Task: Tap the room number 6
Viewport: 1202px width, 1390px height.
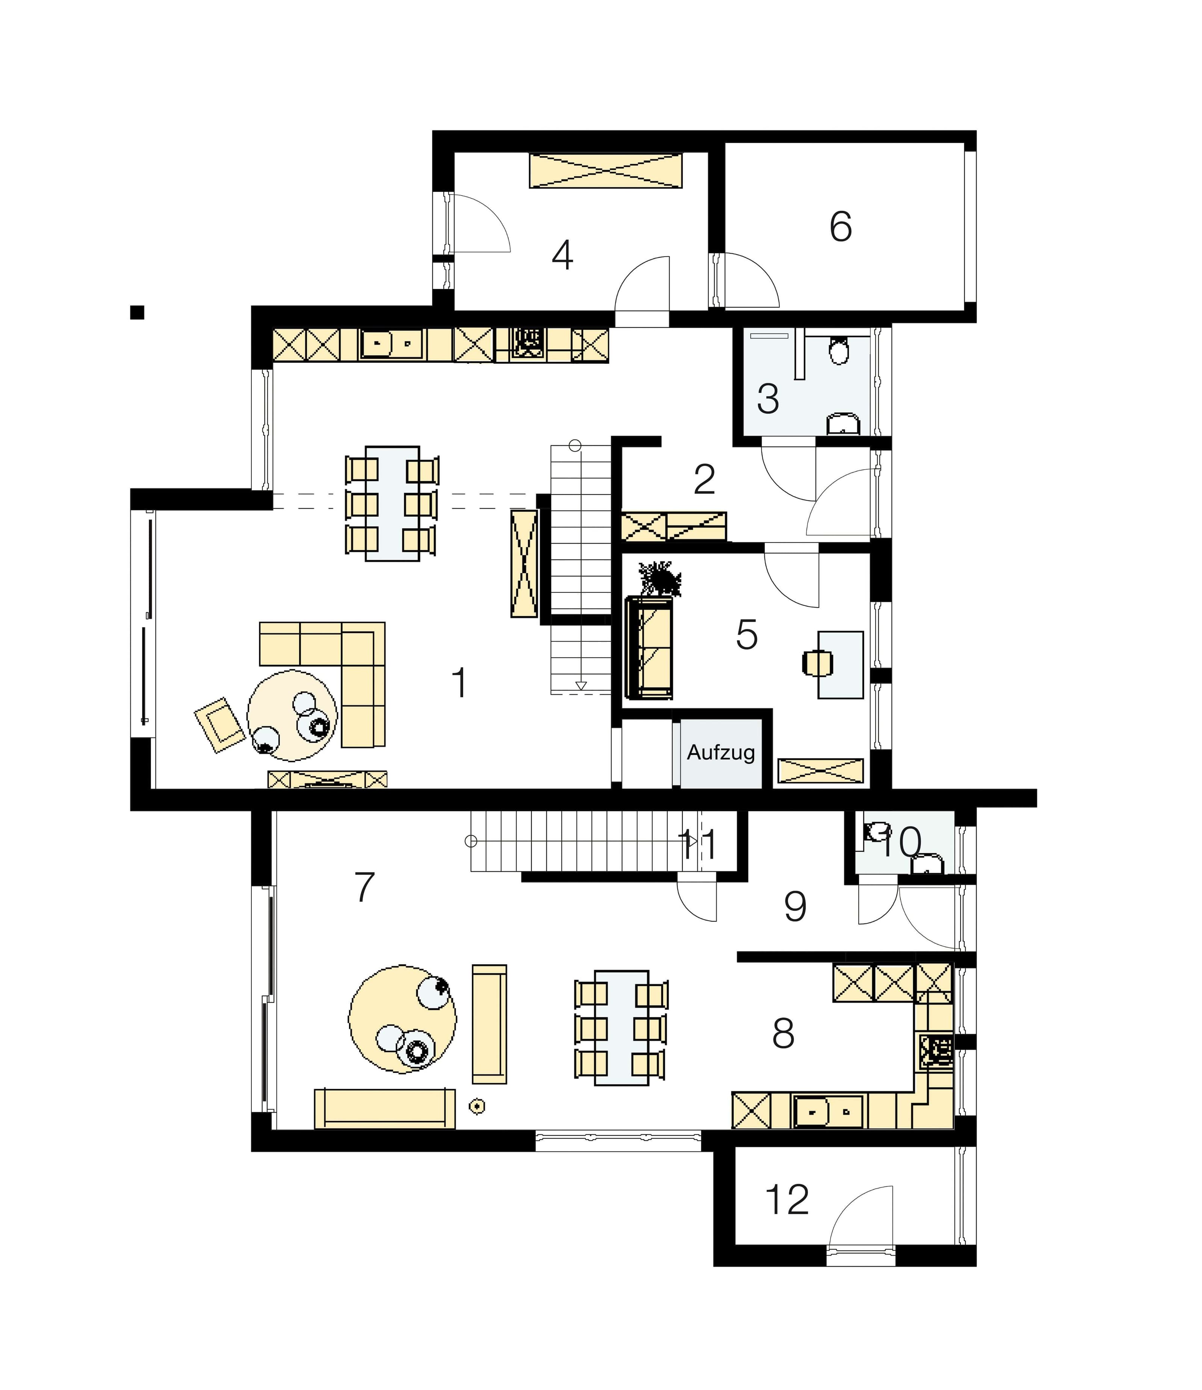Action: coord(841,227)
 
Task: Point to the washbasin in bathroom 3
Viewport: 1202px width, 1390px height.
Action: coord(843,424)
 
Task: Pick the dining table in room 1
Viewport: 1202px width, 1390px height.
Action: coord(393,503)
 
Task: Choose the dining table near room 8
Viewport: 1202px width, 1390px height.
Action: coord(622,1028)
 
